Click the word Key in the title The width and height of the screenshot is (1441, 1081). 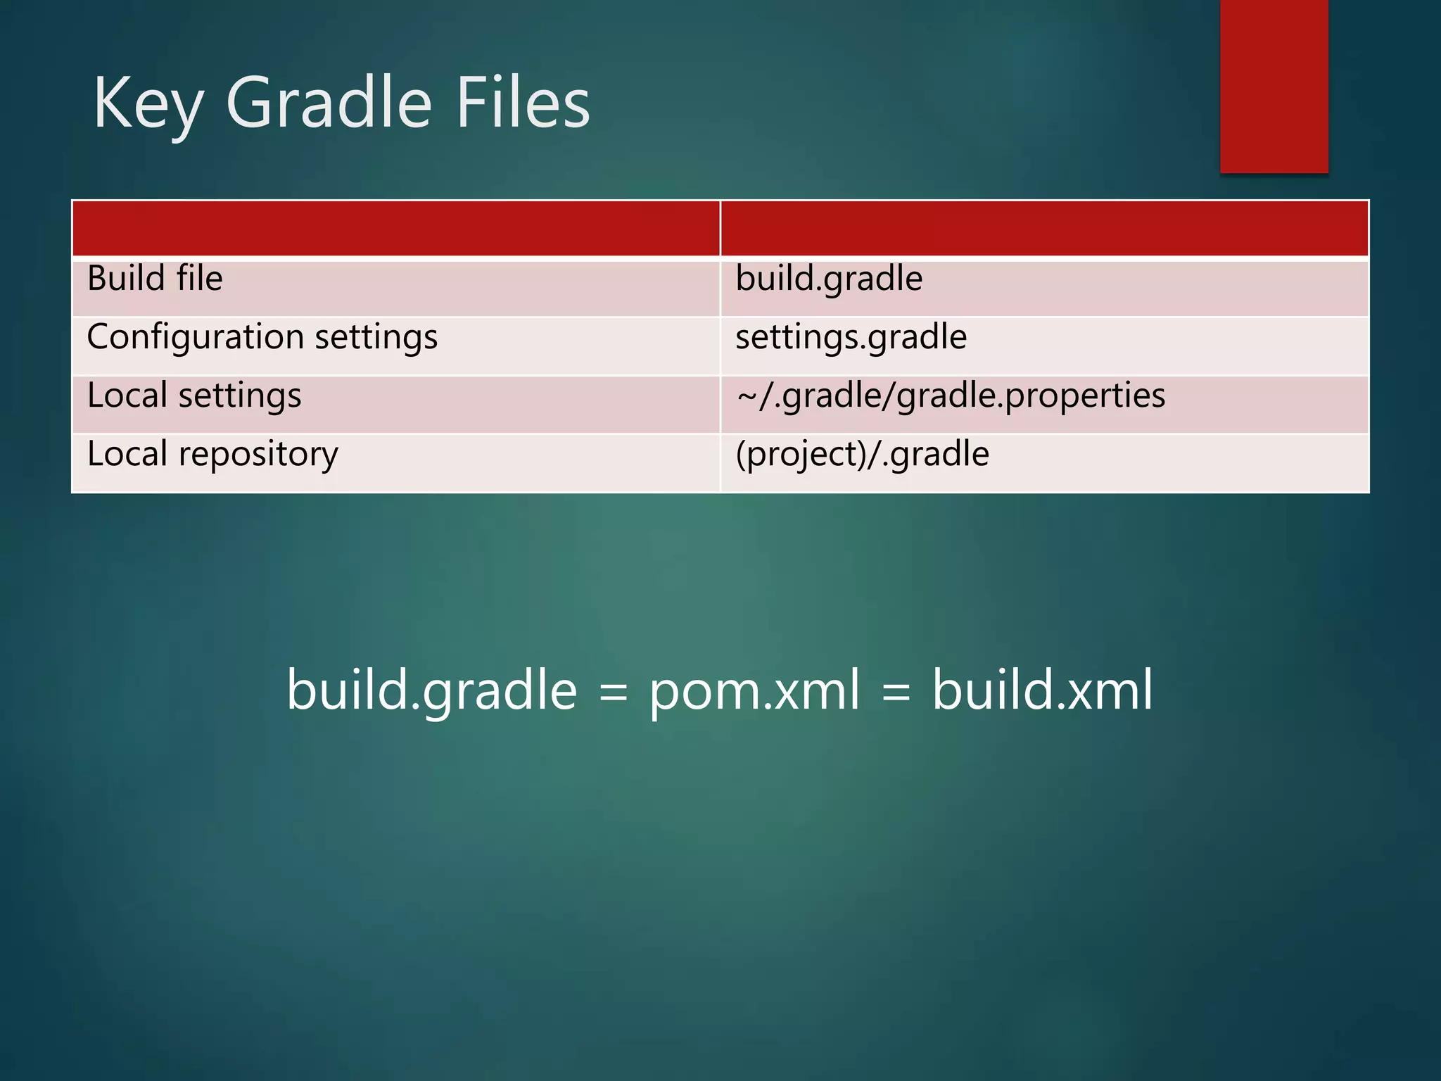[148, 104]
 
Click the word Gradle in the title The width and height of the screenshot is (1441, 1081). [328, 104]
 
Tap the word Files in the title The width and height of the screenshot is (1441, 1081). [523, 104]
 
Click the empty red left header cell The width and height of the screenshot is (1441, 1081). [395, 229]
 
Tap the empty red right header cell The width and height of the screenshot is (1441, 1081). [1044, 229]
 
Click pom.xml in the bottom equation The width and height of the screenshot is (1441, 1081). [754, 690]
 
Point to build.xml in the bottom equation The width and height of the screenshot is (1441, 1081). [1042, 690]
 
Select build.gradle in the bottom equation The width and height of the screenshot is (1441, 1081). [431, 690]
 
